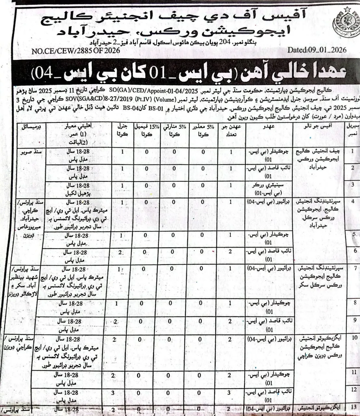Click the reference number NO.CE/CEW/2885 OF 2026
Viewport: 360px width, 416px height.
pyautogui.click(x=76, y=51)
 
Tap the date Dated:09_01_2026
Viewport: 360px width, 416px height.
pyautogui.click(x=317, y=50)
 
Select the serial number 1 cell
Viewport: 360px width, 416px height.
pyautogui.click(x=353, y=151)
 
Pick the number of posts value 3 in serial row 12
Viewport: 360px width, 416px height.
pyautogui.click(x=229, y=393)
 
